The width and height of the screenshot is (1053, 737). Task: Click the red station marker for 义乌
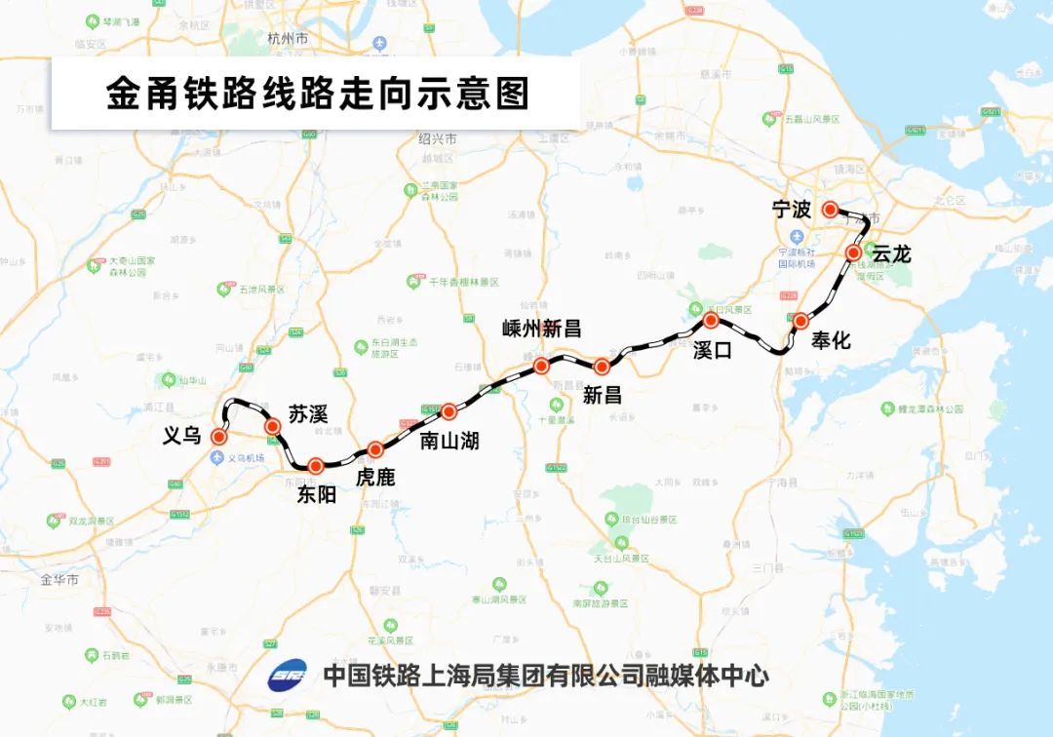point(219,437)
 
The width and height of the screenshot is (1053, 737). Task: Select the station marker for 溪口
point(711,320)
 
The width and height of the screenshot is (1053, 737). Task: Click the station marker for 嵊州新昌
point(541,366)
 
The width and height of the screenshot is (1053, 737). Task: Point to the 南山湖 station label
point(448,441)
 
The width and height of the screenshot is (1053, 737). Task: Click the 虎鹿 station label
point(376,477)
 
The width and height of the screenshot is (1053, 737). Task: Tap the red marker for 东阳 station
point(315,466)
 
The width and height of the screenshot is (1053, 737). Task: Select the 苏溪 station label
point(307,412)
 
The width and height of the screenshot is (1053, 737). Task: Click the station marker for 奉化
point(800,320)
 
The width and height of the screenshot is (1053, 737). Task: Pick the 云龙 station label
point(890,254)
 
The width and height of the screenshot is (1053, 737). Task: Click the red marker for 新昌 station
point(602,367)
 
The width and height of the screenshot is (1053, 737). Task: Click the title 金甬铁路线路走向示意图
point(317,94)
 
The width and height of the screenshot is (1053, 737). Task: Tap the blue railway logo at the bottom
point(287,676)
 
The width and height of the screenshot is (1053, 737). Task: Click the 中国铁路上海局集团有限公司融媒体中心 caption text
point(546,675)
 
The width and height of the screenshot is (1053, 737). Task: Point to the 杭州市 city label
point(288,39)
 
